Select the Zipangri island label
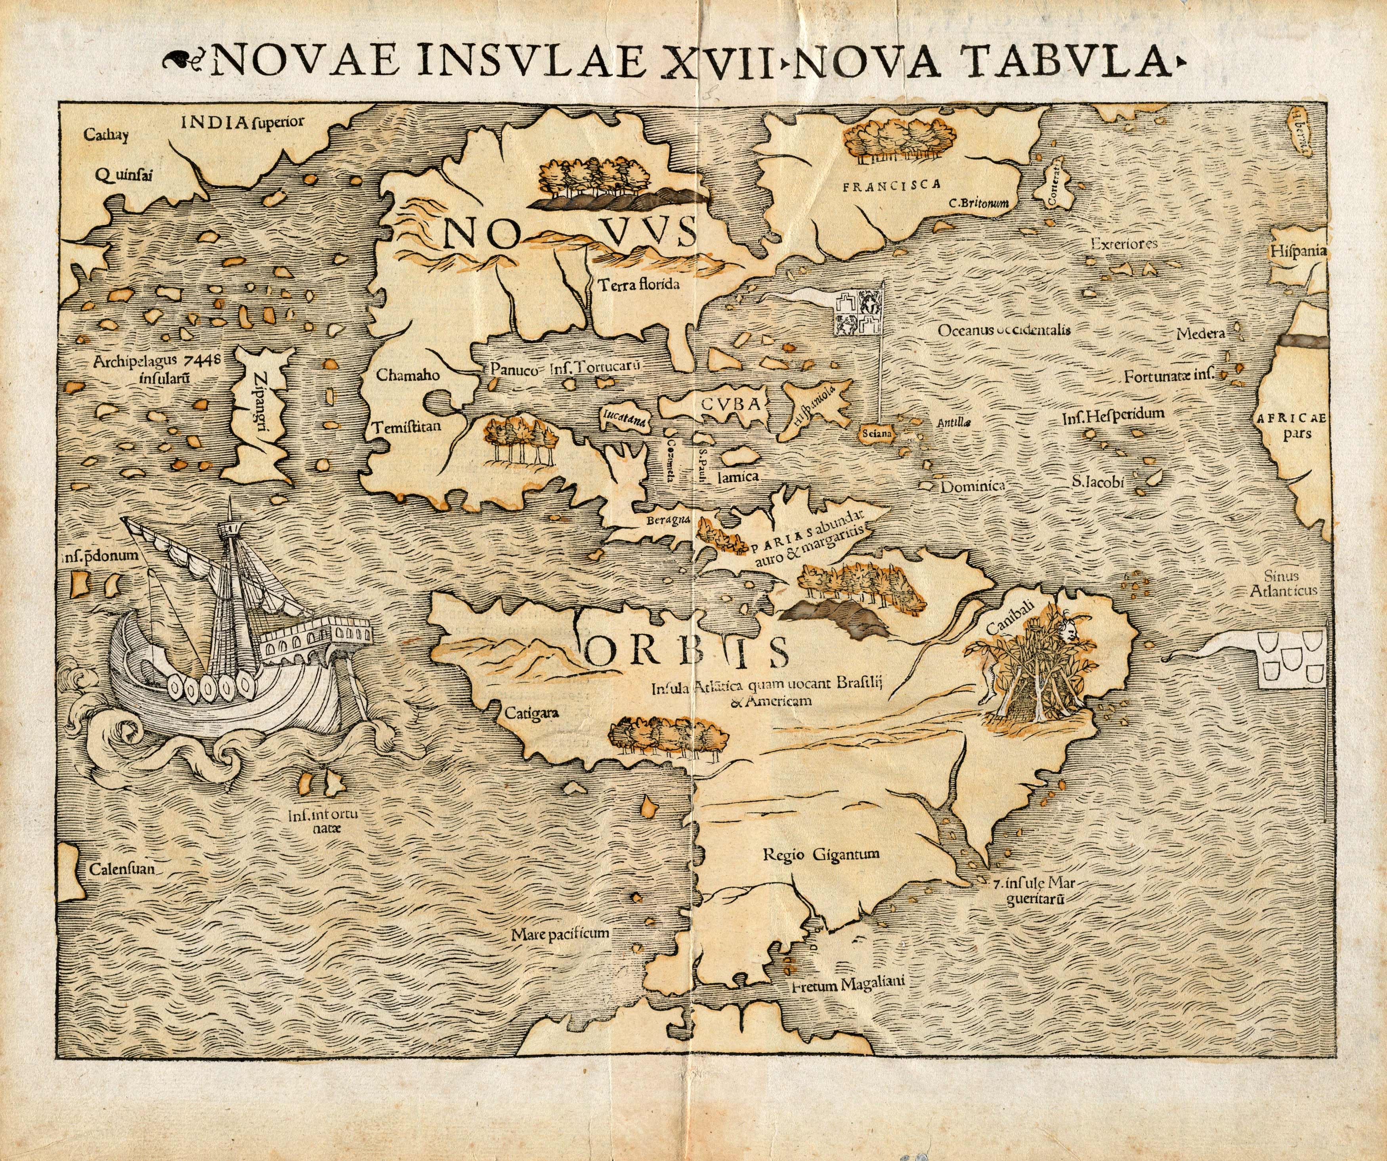260,409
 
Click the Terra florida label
639,285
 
